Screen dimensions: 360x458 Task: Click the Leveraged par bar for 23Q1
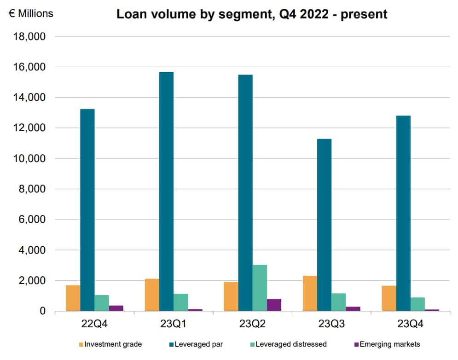[166, 192]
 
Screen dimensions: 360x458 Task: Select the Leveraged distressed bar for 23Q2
[260, 288]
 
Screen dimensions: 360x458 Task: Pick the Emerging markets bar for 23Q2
[274, 305]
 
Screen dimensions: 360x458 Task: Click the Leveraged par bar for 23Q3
[324, 225]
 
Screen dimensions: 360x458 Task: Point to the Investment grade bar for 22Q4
[73, 298]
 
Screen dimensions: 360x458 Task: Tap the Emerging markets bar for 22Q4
[116, 308]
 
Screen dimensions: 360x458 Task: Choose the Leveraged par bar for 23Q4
[403, 213]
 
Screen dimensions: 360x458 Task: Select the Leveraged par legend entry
[195, 344]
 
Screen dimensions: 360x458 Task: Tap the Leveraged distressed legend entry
[287, 344]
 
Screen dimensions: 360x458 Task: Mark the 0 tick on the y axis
[42, 312]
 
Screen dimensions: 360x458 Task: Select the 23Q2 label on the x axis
[252, 324]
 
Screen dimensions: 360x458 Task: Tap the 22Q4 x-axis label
[94, 324]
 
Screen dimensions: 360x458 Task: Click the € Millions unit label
[31, 14]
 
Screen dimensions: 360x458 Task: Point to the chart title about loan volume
[252, 14]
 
